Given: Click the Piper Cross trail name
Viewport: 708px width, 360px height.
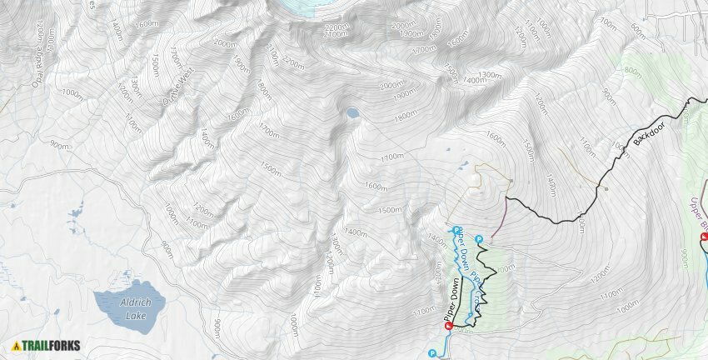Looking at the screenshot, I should point(474,283).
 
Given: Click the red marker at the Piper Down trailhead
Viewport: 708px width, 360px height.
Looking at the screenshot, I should point(447,327).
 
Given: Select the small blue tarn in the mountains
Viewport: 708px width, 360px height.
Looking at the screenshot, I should point(352,112).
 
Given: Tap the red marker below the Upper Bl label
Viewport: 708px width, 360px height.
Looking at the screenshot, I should point(703,237).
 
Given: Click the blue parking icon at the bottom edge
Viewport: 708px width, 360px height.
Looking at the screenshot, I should point(431,353).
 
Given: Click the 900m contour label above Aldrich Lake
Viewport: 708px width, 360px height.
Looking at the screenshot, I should point(60,144).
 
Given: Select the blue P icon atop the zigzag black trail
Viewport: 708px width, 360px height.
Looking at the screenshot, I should point(478,240).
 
